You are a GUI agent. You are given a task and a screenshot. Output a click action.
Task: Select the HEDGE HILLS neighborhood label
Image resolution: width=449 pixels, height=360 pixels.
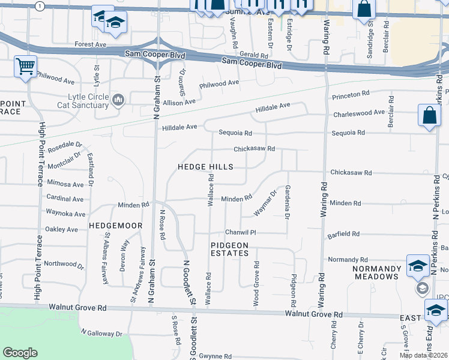(x=205, y=167)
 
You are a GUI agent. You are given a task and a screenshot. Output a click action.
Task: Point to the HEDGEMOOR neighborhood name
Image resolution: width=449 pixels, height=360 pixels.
(x=115, y=226)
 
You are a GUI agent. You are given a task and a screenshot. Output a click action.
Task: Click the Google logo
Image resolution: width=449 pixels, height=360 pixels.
(x=20, y=353)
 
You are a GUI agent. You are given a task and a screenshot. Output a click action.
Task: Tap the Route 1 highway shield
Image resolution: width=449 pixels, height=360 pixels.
(x=40, y=5)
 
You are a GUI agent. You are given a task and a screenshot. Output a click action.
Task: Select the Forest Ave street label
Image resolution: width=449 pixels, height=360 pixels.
(x=90, y=44)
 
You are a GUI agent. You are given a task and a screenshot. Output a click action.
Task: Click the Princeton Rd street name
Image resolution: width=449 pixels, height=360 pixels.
(x=350, y=95)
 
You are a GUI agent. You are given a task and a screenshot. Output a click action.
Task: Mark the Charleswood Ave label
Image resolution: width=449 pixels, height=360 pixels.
(x=358, y=112)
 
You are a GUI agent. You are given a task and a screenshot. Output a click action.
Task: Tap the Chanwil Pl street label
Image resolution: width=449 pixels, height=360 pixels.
(x=241, y=232)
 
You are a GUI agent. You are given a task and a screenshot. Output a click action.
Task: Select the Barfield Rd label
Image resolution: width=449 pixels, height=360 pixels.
(x=343, y=233)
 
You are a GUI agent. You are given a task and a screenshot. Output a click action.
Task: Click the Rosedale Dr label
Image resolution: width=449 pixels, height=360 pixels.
(x=65, y=145)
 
